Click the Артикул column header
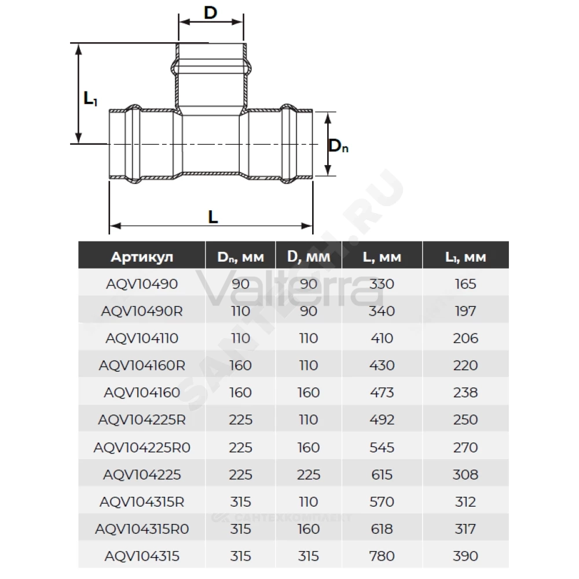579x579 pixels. pos(142,256)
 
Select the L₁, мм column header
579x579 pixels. pos(466,256)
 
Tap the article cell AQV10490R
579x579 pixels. pos(142,311)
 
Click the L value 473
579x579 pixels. pos(382,392)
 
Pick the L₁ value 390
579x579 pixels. pos(466,556)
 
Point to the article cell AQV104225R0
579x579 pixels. pos(142,447)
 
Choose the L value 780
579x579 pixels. pos(382,556)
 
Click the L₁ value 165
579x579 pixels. pos(466,284)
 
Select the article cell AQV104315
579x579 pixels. pos(142,556)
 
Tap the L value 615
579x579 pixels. pos(382,475)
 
